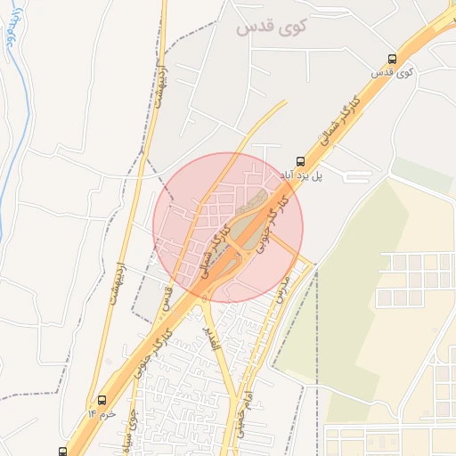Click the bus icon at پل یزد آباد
click(x=299, y=162)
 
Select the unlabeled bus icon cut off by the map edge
click(x=61, y=452)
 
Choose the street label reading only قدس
click(x=167, y=297)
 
